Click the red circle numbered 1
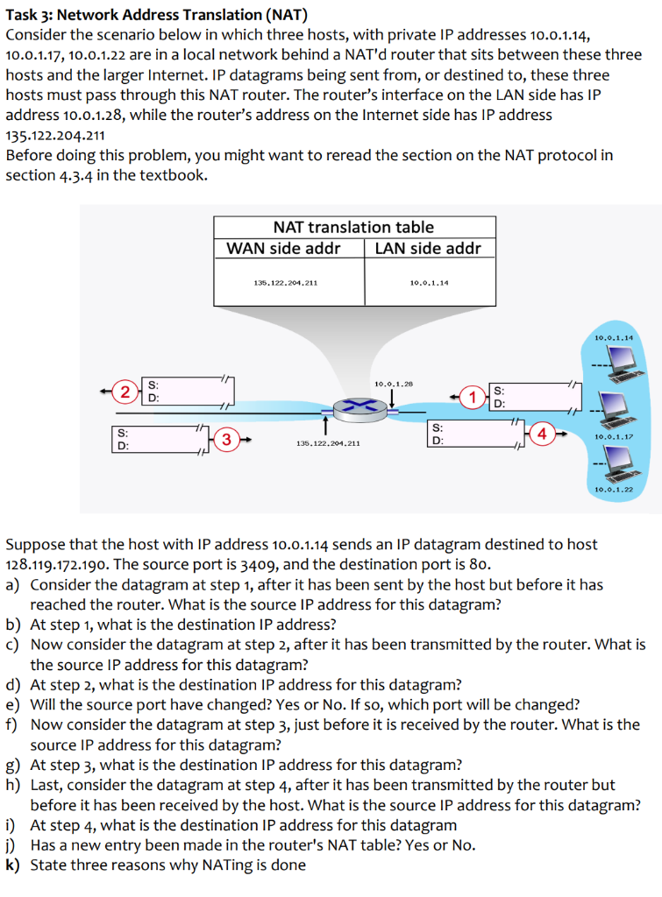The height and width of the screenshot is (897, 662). coord(474,397)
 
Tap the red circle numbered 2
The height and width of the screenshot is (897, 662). coord(128,390)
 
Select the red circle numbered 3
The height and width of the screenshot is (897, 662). coord(226,438)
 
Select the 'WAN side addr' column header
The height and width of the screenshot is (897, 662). coord(283,248)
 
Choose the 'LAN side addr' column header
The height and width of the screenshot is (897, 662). coord(427,248)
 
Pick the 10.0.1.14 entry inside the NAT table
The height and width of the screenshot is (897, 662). coord(429,283)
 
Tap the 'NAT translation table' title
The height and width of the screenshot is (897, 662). coord(353,227)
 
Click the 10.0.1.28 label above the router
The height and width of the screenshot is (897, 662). coord(393,384)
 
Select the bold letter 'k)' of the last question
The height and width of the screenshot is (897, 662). coord(14,865)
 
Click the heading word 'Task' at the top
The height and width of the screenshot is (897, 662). coord(23,14)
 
